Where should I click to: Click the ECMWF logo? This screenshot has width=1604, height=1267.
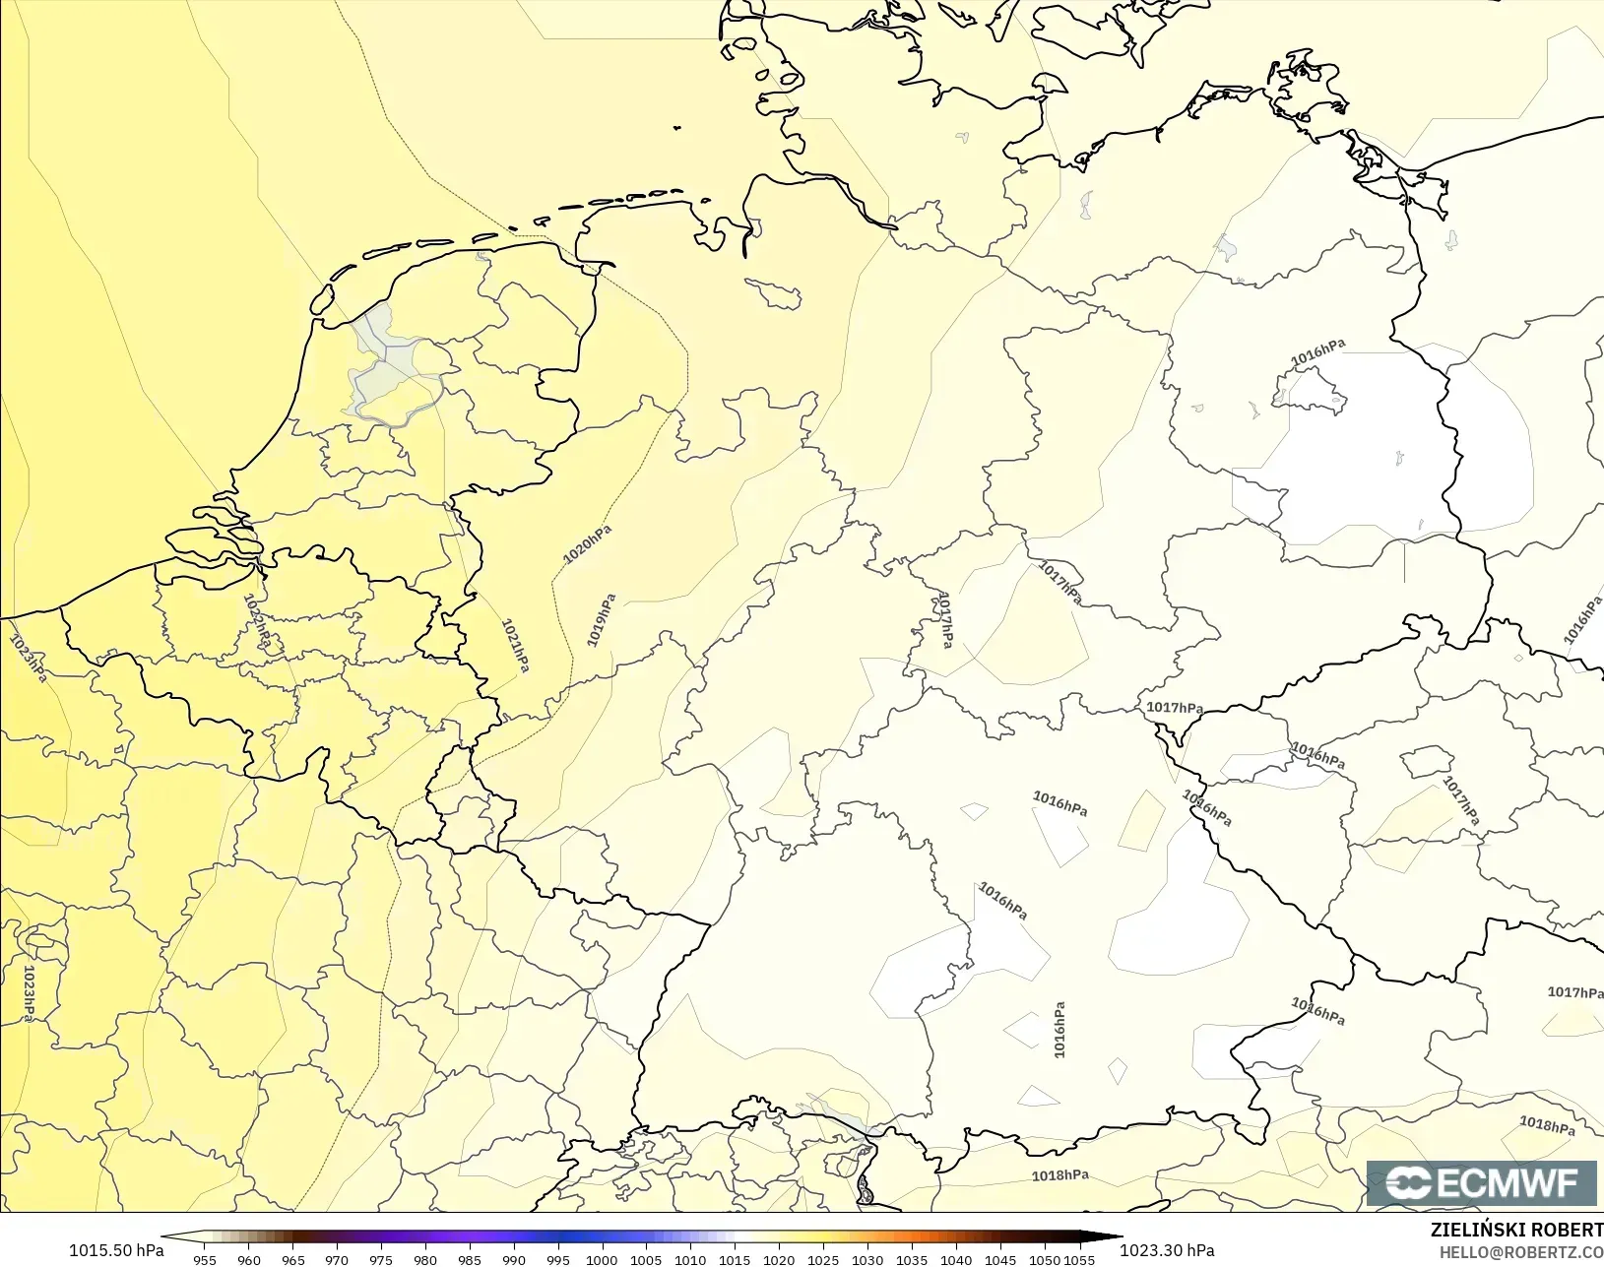pyautogui.click(x=1481, y=1182)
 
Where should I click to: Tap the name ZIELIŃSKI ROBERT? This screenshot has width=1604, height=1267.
pyautogui.click(x=1516, y=1231)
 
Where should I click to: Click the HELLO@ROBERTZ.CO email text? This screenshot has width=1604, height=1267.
pyautogui.click(x=1520, y=1253)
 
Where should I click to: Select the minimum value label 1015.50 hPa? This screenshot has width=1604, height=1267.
pyautogui.click(x=116, y=1250)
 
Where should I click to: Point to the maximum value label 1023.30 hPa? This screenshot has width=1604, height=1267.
pyautogui.click(x=1167, y=1250)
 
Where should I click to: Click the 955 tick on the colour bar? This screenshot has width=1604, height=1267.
pyautogui.click(x=205, y=1260)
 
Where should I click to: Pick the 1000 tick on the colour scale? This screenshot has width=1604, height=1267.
pyautogui.click(x=602, y=1260)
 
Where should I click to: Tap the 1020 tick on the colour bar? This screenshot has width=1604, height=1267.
pyautogui.click(x=779, y=1260)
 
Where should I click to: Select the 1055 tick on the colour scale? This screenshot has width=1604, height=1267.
pyautogui.click(x=1079, y=1260)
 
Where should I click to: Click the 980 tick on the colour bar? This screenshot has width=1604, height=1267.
pyautogui.click(x=425, y=1260)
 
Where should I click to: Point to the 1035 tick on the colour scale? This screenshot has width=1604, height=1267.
pyautogui.click(x=912, y=1260)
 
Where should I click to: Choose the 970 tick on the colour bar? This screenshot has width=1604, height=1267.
pyautogui.click(x=337, y=1260)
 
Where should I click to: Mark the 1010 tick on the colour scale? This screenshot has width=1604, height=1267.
pyautogui.click(x=690, y=1260)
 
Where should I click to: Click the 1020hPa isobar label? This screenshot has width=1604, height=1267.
pyautogui.click(x=588, y=544)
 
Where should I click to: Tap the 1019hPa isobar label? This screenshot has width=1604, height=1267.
pyautogui.click(x=601, y=620)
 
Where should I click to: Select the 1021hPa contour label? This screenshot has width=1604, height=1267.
pyautogui.click(x=516, y=646)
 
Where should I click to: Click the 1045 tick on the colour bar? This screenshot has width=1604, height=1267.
pyautogui.click(x=1000, y=1260)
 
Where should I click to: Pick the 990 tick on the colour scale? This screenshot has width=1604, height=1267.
pyautogui.click(x=514, y=1260)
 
